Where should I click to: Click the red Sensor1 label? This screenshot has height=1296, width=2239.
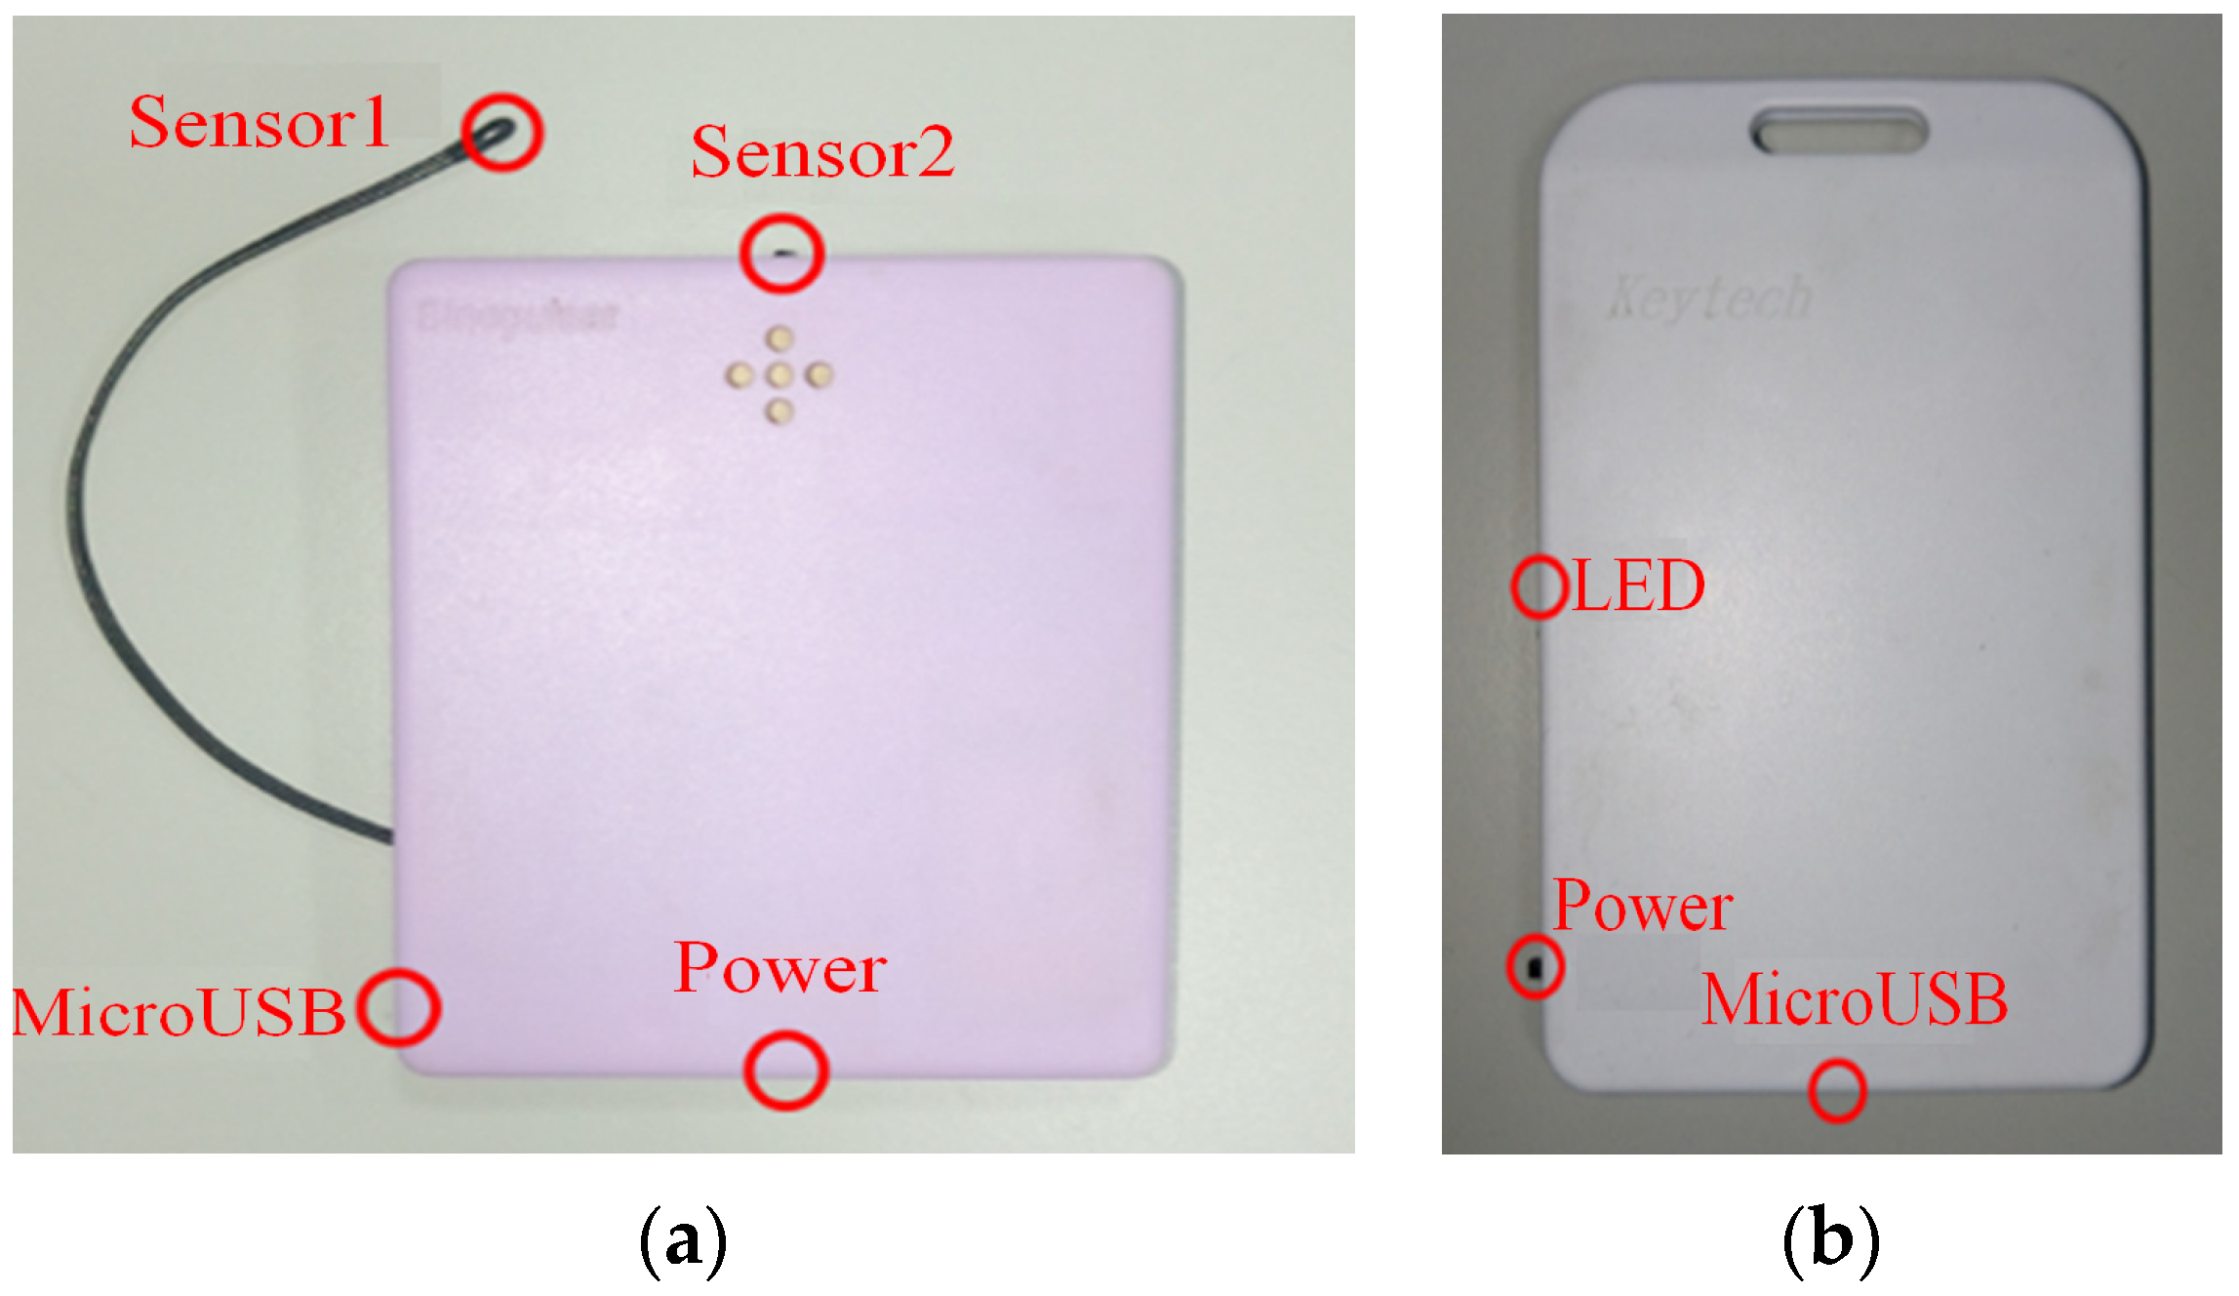pyautogui.click(x=260, y=123)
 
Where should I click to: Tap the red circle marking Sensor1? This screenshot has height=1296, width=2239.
pyautogui.click(x=502, y=132)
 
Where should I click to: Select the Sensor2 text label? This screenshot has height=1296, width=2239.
pyautogui.click(x=822, y=153)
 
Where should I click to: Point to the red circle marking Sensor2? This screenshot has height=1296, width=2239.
pyautogui.click(x=781, y=254)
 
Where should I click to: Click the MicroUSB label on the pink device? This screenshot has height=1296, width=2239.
pyautogui.click(x=179, y=1011)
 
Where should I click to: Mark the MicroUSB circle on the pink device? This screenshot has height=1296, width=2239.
pyautogui.click(x=398, y=1008)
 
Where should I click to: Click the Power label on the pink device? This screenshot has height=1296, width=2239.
pyautogui.click(x=780, y=969)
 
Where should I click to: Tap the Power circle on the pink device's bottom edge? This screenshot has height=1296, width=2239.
pyautogui.click(x=785, y=1071)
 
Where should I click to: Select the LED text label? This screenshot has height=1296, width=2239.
pyautogui.click(x=1639, y=586)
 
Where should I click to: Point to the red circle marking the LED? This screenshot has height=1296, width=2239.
pyautogui.click(x=1539, y=587)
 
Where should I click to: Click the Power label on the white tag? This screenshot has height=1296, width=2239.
pyautogui.click(x=1643, y=906)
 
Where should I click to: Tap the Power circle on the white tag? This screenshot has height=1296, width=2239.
pyautogui.click(x=1536, y=966)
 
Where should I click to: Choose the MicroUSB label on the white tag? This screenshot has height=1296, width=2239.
pyautogui.click(x=1854, y=1000)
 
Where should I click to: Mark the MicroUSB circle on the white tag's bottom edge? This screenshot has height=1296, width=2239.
pyautogui.click(x=1837, y=1090)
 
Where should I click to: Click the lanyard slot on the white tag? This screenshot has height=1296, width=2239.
pyautogui.click(x=1840, y=130)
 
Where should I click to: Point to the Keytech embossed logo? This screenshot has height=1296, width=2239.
pyautogui.click(x=1710, y=297)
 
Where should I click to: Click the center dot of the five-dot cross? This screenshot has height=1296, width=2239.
pyautogui.click(x=779, y=375)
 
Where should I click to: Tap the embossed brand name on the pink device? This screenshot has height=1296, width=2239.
pyautogui.click(x=517, y=317)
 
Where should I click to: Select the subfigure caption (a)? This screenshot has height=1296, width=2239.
pyautogui.click(x=683, y=1240)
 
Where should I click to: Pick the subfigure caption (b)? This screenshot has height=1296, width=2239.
pyautogui.click(x=1830, y=1240)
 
